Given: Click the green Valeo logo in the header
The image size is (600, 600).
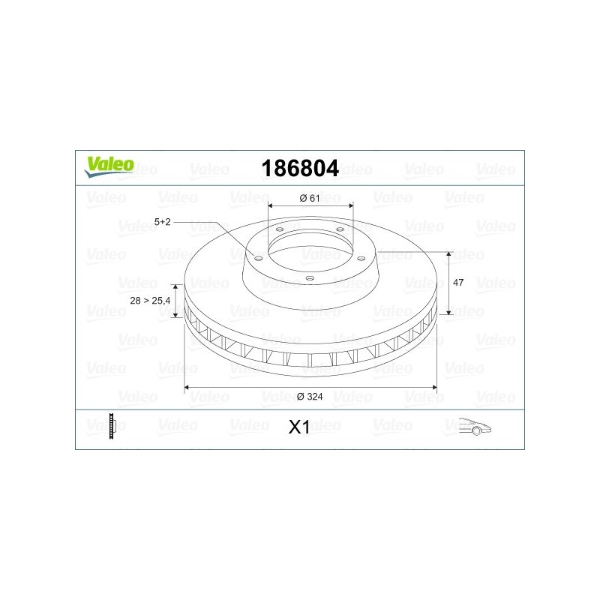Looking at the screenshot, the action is tap(109, 166).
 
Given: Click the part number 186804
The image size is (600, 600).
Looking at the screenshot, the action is tap(300, 168).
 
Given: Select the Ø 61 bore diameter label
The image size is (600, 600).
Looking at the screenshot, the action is tap(310, 198).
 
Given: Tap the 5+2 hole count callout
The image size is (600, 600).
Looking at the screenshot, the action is tap(162, 221).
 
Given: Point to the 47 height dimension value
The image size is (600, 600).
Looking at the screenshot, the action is tap(458, 283).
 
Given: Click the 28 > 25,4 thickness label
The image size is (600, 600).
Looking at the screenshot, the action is tap(150, 301).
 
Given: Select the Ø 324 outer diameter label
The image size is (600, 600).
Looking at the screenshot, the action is tap(310, 397).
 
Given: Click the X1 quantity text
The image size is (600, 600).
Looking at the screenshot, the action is tap(299, 427).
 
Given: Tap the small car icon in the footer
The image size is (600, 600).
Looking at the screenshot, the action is tap(475, 426).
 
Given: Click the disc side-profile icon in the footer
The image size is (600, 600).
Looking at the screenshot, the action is tap(112, 426).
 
